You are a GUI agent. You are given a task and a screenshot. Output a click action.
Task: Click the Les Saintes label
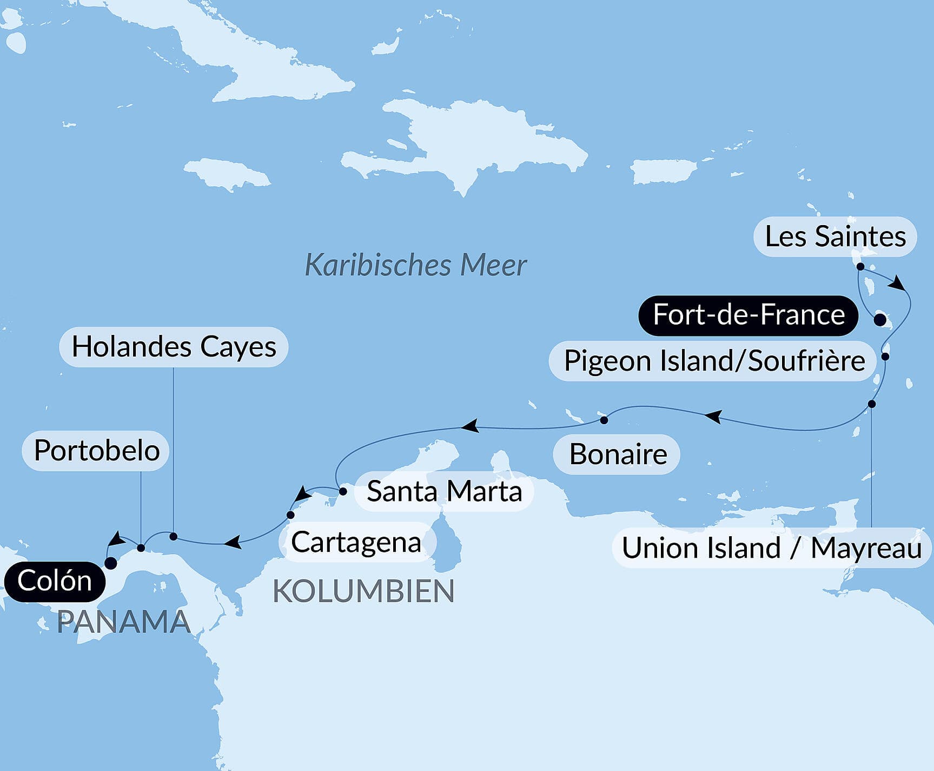835,237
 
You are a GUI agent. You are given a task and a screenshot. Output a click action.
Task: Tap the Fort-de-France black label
748,315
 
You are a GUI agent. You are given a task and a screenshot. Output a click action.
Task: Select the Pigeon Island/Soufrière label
713,361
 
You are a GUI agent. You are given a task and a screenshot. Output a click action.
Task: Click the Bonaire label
617,454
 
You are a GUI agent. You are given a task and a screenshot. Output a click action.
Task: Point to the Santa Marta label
444,492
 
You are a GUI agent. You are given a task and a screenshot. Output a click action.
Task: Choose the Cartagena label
356,542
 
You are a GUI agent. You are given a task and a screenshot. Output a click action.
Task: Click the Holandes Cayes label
174,347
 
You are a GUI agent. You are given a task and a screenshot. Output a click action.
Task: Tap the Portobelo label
96,451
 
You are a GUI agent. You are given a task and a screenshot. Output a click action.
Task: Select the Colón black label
54,582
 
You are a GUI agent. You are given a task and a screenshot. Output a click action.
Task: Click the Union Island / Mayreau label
771,548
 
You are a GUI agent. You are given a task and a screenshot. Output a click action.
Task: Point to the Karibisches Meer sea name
415,266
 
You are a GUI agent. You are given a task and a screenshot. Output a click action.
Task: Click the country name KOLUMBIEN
363,591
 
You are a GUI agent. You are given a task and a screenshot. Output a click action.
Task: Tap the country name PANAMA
123,622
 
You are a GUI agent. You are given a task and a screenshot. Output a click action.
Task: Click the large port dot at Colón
111,563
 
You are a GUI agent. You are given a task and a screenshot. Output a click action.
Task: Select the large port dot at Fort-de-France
880,319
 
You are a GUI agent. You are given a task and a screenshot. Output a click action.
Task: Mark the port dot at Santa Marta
342,492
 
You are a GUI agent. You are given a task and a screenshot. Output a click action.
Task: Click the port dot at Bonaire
604,420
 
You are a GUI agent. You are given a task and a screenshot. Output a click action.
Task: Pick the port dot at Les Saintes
860,266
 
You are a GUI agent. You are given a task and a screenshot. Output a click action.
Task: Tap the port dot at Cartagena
290,515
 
